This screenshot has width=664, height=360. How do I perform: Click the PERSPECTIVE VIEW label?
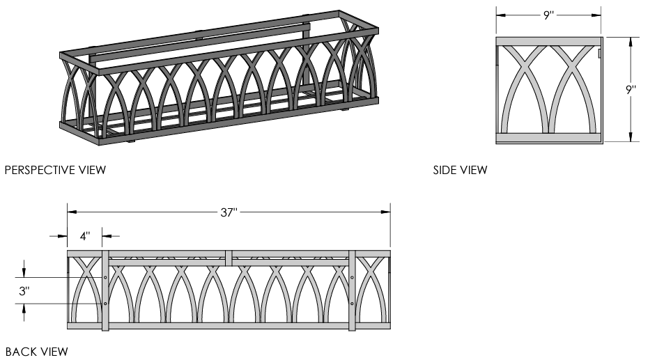[55, 170]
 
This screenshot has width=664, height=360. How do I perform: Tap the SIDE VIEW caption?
[460, 170]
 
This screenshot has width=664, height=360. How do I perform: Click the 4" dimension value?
[84, 236]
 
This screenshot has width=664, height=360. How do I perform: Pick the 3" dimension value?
[24, 291]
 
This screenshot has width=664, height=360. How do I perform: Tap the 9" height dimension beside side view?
[631, 90]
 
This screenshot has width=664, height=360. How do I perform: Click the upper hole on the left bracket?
[105, 277]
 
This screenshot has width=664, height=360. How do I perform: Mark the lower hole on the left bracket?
[105, 304]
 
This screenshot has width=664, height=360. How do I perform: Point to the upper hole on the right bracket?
[352, 277]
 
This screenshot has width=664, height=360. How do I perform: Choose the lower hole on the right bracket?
[352, 304]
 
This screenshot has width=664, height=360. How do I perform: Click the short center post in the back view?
[229, 258]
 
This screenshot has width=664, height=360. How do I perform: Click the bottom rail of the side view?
[548, 138]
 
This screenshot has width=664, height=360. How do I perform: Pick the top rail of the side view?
[548, 41]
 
